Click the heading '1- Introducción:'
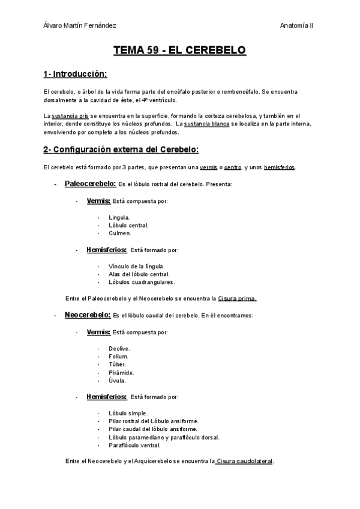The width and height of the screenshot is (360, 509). pos(75,74)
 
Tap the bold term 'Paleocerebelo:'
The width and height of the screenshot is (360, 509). pos(90,184)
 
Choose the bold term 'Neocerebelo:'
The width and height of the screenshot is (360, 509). pos(88,315)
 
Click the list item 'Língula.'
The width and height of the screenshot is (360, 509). pos(119,217)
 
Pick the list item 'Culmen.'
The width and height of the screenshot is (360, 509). pos(120,233)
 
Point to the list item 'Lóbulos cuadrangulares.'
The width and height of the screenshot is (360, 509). pos(142,282)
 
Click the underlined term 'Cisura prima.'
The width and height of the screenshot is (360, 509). pos(237,298)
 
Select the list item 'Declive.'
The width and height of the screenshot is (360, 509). pos(119,348)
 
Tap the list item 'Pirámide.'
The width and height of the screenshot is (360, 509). pos(121,372)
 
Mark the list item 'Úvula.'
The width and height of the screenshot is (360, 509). pos(118,380)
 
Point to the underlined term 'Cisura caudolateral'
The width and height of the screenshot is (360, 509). pos(245,461)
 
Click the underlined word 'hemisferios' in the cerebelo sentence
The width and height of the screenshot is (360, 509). pos(279,167)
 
